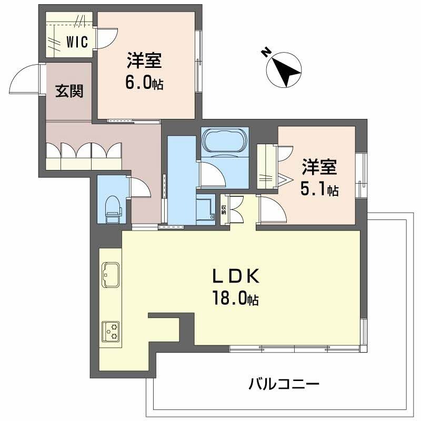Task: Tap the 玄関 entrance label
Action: tap(69, 91)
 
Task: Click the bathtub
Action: tap(224, 141)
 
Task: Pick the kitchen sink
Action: tap(111, 274)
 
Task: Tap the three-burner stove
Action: tap(111, 331)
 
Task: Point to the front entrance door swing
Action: tap(24, 79)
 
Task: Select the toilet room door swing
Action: tap(137, 187)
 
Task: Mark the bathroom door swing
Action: tap(209, 174)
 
